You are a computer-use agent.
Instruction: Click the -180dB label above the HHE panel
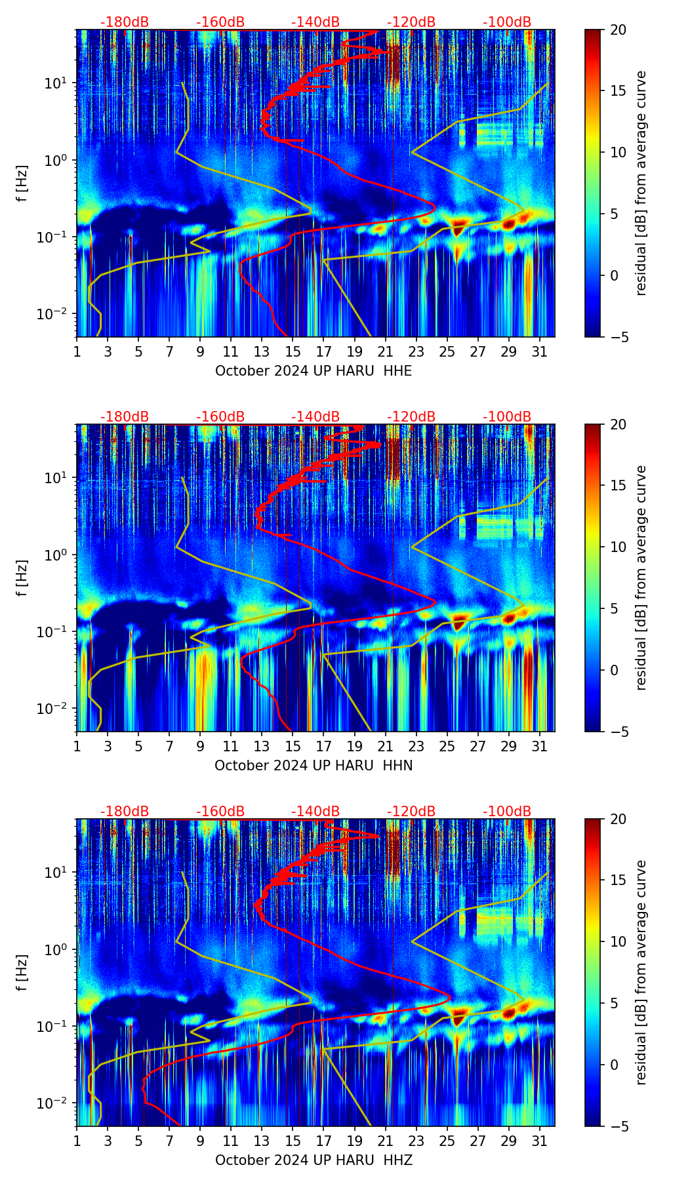pos(125,22)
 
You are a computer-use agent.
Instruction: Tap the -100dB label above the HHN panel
pos(507,417)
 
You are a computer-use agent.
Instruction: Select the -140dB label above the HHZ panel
pos(315,812)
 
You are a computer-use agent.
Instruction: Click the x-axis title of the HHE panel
pos(314,371)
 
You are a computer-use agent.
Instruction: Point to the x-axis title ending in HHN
pos(314,766)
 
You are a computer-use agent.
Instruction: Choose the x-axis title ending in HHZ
pos(314,1160)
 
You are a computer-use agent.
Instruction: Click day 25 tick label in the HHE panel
pos(447,351)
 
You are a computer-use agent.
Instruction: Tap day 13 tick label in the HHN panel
pos(262,746)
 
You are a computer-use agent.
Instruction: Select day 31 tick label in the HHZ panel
pos(539,1141)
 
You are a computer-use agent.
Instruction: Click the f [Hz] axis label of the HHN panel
pos(22,578)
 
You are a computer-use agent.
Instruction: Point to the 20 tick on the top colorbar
pos(618,30)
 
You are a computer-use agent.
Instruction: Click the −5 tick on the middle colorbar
pos(618,731)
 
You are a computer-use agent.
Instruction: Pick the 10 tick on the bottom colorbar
pos(618,941)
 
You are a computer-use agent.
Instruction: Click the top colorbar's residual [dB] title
pos(641,183)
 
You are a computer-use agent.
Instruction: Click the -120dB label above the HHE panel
pos(411,22)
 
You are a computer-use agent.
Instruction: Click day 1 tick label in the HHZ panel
pos(77,1141)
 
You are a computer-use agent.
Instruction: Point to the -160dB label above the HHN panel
pos(220,417)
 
